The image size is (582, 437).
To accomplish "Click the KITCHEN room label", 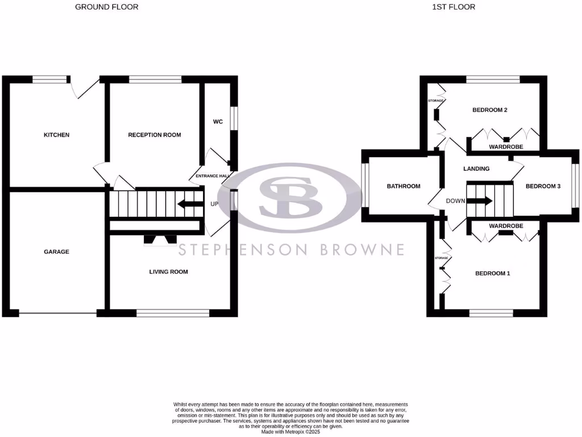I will (57, 135).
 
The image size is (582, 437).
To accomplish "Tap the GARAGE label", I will (57, 252).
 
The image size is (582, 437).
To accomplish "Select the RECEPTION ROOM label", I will (155, 135).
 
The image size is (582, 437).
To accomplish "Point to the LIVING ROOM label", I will (168, 272).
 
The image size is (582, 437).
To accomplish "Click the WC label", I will (218, 122).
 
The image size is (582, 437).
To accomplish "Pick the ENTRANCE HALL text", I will (211, 176).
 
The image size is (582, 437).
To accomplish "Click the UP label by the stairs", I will (214, 204).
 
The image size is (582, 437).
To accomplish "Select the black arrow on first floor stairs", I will (480, 200).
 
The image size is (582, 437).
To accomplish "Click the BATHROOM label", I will (404, 186).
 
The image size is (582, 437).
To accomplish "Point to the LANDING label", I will (476, 168).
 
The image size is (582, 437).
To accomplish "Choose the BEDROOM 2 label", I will (490, 110).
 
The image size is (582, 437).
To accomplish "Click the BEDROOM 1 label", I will (493, 273).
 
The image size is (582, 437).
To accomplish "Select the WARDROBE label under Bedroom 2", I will (506, 147).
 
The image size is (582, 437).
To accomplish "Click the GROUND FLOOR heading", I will (107, 7).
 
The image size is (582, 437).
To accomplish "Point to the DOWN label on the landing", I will (455, 201).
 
